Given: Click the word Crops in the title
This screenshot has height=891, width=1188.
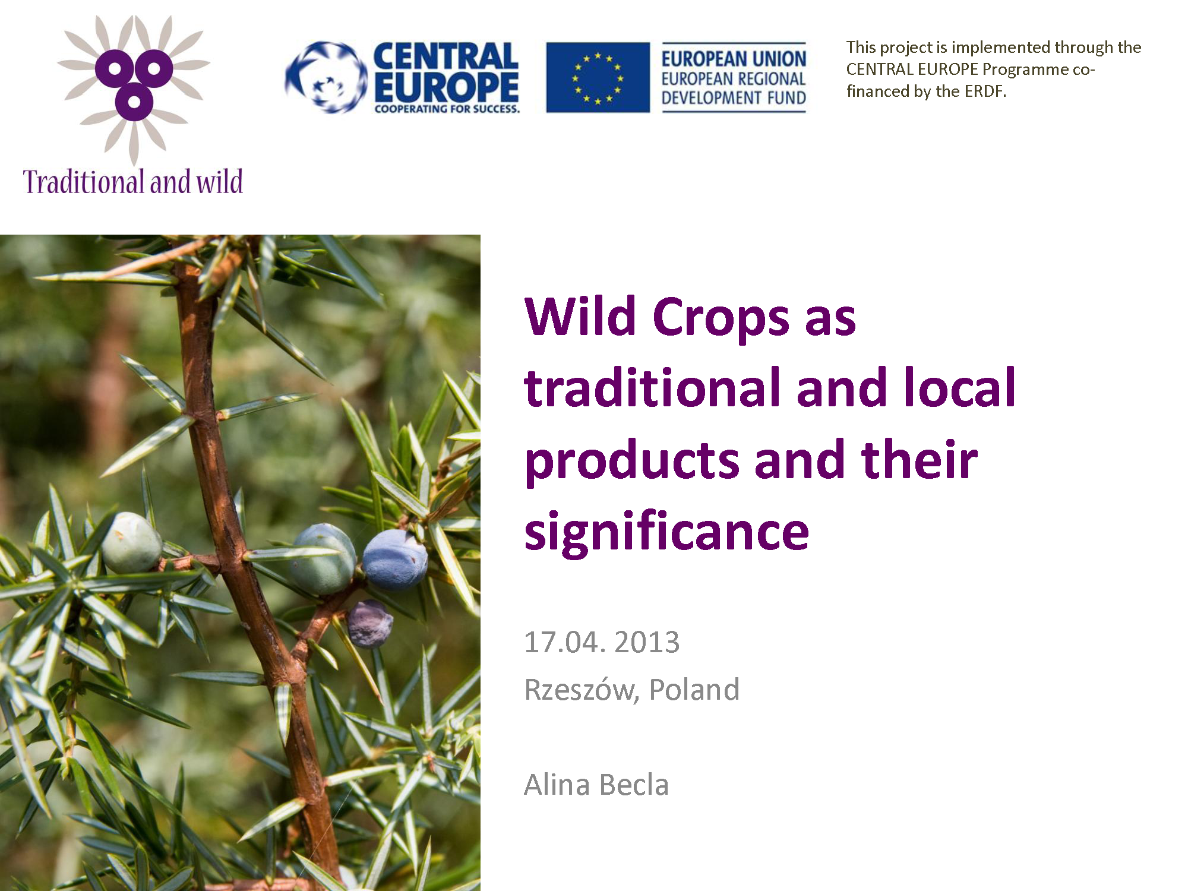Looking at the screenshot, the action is (x=721, y=317).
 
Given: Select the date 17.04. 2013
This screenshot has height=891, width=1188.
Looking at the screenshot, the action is (x=602, y=642).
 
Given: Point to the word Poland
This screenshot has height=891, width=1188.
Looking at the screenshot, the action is (x=694, y=690).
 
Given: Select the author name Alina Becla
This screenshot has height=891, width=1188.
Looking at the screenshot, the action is (x=596, y=785).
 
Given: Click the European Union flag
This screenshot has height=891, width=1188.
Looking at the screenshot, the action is (x=598, y=77).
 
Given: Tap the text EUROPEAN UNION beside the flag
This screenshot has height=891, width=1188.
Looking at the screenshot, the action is (x=734, y=59).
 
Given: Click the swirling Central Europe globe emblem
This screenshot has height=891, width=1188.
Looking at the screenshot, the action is (x=326, y=77).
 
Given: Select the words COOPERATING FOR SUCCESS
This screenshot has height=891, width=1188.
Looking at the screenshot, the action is (x=447, y=109).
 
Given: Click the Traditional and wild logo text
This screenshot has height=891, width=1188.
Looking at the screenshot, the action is (x=133, y=181).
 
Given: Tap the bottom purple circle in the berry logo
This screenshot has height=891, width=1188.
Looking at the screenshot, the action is (x=134, y=102).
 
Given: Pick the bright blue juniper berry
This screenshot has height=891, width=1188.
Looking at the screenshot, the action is (x=395, y=560).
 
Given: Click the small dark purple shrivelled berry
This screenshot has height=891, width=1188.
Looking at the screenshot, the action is (x=369, y=623).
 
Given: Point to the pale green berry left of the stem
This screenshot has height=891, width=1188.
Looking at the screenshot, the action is (x=131, y=542).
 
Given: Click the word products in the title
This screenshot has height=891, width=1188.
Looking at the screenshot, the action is (x=632, y=462).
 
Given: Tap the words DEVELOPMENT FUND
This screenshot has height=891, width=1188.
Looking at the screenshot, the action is (x=734, y=98).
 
